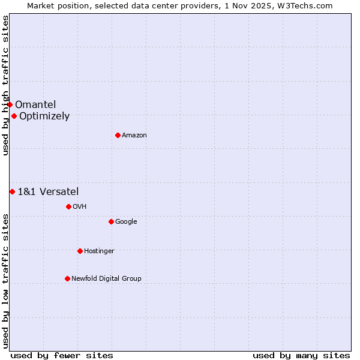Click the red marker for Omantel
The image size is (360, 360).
point(10,105)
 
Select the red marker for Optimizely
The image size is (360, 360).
point(14,116)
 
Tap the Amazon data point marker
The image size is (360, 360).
point(118,136)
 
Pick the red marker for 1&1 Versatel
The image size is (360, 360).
point(12,191)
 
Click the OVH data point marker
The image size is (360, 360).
point(68,207)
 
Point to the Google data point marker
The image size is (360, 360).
point(111,222)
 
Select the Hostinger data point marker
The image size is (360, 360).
point(80,251)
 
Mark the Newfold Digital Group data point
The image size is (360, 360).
point(67,278)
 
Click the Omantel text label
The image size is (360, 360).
point(35,105)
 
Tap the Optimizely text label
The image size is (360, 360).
point(44,116)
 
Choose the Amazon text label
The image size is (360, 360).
point(134,136)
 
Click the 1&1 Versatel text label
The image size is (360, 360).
point(48,191)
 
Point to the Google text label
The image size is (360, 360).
point(126,222)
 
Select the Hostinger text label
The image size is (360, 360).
point(99,251)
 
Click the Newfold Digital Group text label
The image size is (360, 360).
point(106,278)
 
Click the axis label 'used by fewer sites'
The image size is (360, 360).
point(62,355)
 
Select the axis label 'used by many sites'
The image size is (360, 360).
point(301,355)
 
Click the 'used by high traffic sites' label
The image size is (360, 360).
point(5,85)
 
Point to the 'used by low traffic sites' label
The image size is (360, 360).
point(5,280)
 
